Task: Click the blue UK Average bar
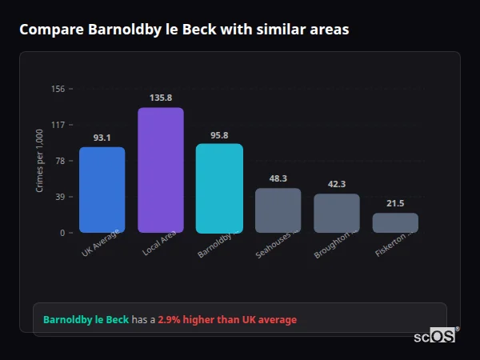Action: coord(102,190)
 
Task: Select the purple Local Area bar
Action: coord(161,170)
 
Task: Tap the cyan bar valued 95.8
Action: coord(219,188)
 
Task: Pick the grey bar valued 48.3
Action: coord(278,210)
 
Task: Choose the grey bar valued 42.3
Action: coord(337,213)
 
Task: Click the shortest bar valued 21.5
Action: coord(395,222)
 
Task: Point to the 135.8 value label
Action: coord(161,98)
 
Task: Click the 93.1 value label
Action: coord(102,138)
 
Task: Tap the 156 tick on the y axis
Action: coord(58,89)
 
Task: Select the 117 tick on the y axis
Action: coord(58,125)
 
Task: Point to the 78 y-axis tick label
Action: coord(59,161)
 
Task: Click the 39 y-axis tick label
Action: coord(59,197)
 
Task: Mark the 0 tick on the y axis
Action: coord(62,233)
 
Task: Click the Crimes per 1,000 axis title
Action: coord(39,161)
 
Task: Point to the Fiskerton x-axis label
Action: coord(394,243)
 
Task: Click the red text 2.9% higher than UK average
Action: coord(227,320)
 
